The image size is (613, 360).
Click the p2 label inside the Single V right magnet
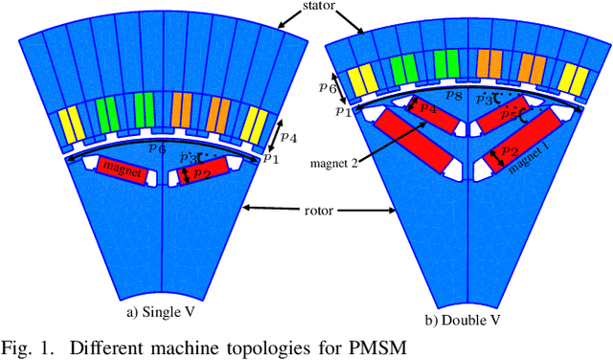click(201, 173)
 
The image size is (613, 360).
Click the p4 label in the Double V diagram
click(427, 109)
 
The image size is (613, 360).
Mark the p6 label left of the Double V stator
click(327, 85)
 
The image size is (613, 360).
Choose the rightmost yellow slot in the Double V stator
click(570, 79)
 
